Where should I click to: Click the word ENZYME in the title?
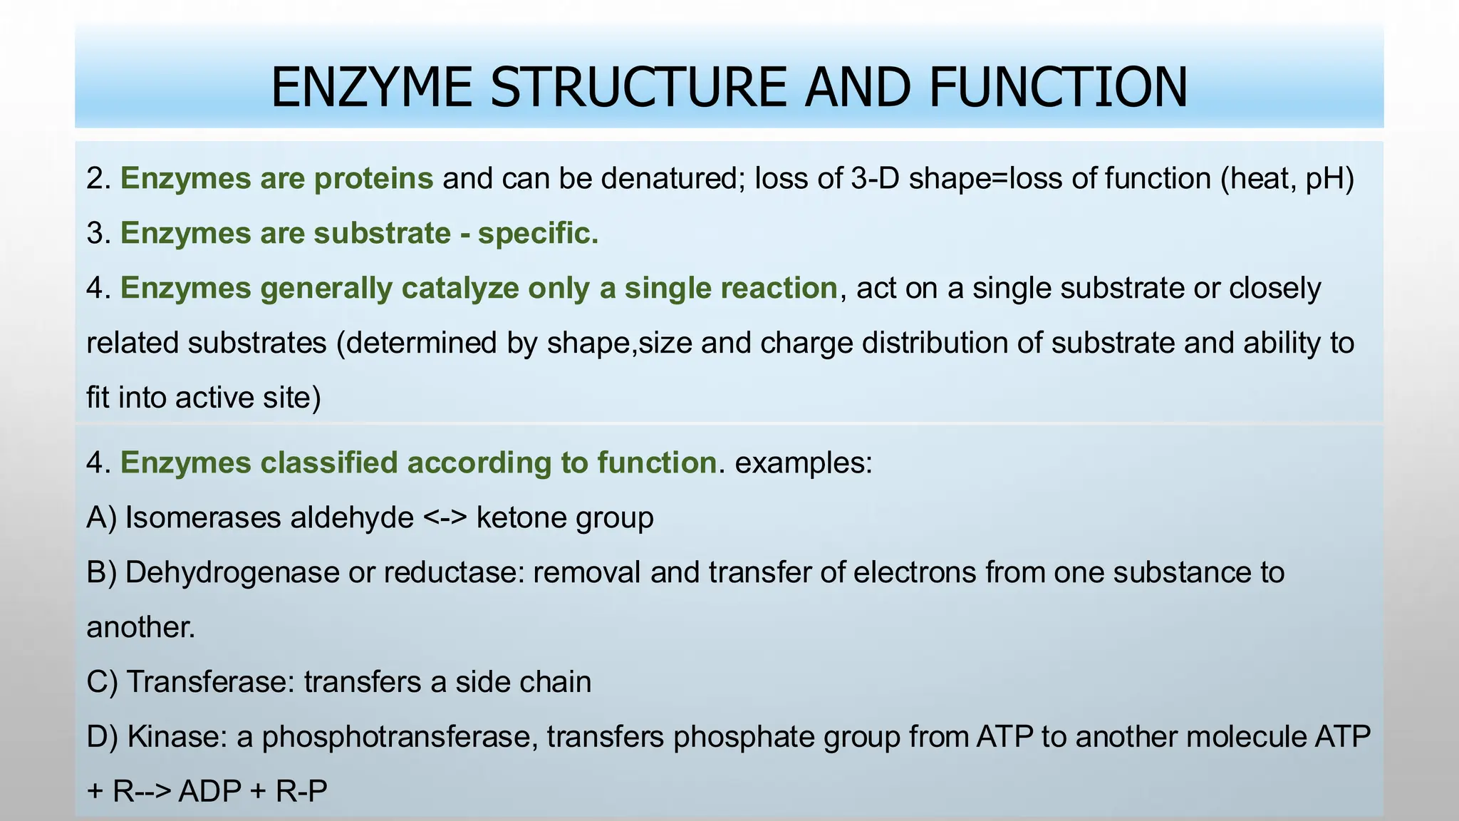[370, 88]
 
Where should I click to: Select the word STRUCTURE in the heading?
[638, 88]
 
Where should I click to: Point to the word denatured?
[673, 178]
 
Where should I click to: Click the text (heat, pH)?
[1287, 178]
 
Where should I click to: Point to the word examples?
[804, 463]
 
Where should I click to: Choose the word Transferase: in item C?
[211, 682]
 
